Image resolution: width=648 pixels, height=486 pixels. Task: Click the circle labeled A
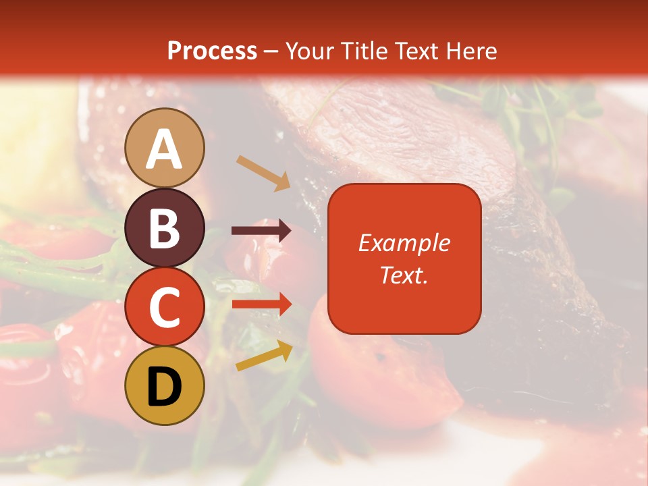coord(165,148)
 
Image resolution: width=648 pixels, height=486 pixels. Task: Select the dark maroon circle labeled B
coord(165,227)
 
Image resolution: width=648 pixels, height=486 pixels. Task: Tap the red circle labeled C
coord(165,307)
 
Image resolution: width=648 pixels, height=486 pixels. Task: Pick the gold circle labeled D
coord(165,386)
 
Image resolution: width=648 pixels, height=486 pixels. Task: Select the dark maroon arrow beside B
coord(262,231)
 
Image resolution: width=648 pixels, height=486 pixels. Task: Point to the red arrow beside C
coord(262,304)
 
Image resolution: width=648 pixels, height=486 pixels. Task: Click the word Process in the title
coord(212,51)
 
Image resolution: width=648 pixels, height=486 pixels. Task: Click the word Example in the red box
coord(404,243)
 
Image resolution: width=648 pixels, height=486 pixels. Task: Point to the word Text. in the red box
coord(404,275)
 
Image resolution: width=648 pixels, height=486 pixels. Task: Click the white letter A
coord(165,149)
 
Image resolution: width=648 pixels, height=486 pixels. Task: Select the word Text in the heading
coord(417,51)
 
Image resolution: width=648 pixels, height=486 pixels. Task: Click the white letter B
coord(165,228)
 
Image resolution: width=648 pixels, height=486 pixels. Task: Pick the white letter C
coord(165,308)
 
